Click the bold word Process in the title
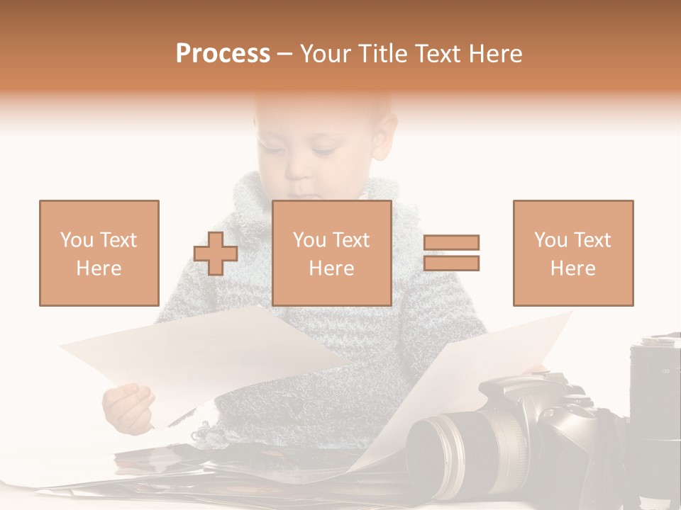click(223, 53)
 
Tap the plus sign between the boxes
click(216, 253)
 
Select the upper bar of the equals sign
click(451, 242)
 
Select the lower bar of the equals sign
click(451, 263)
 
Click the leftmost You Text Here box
click(99, 253)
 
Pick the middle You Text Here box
click(331, 253)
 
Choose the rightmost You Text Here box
click(572, 253)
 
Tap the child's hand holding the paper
click(128, 407)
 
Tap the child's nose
click(299, 170)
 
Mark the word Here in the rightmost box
click(572, 268)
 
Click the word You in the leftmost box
click(76, 239)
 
